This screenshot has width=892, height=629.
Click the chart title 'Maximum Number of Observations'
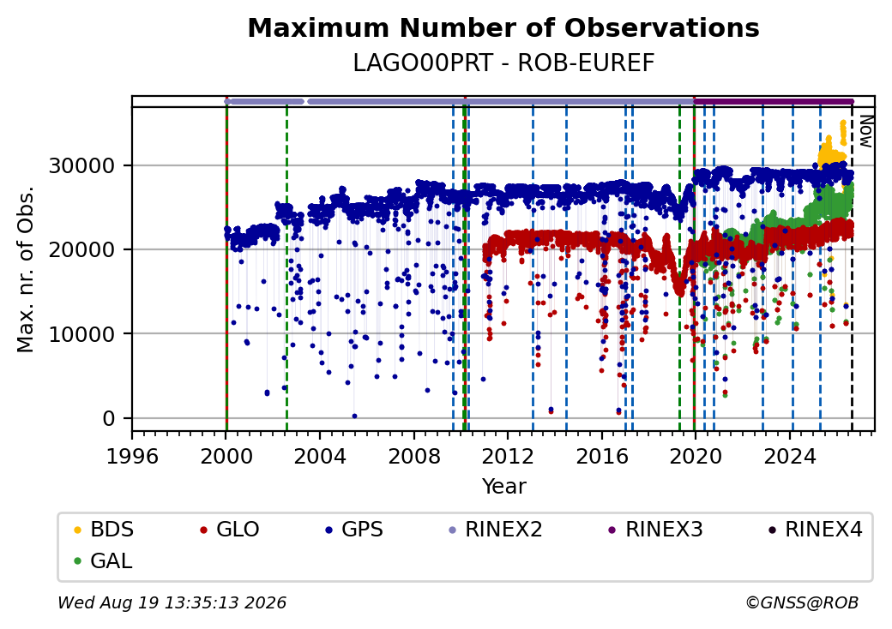click(x=503, y=27)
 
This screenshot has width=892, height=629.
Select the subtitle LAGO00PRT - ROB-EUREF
click(x=503, y=63)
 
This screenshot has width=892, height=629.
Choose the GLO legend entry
click(x=230, y=530)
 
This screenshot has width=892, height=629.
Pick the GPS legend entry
click(x=354, y=530)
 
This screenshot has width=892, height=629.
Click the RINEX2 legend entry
click(x=496, y=530)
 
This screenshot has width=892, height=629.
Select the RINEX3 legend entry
click(x=656, y=530)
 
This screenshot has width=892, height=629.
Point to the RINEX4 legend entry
click(x=816, y=530)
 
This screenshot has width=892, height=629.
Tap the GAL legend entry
click(x=104, y=560)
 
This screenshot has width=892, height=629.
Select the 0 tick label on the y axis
click(x=109, y=419)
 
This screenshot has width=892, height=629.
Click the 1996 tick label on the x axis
click(x=132, y=456)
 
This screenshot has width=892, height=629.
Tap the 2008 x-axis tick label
click(x=414, y=456)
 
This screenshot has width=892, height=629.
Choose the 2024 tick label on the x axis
click(x=790, y=456)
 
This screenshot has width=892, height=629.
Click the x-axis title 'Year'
click(x=504, y=487)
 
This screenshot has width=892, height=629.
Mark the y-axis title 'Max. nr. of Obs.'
click(x=26, y=269)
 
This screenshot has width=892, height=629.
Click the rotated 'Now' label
click(x=865, y=131)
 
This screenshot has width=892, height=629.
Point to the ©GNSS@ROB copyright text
click(x=802, y=602)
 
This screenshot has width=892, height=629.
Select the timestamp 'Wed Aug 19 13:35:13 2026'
click(x=172, y=602)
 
